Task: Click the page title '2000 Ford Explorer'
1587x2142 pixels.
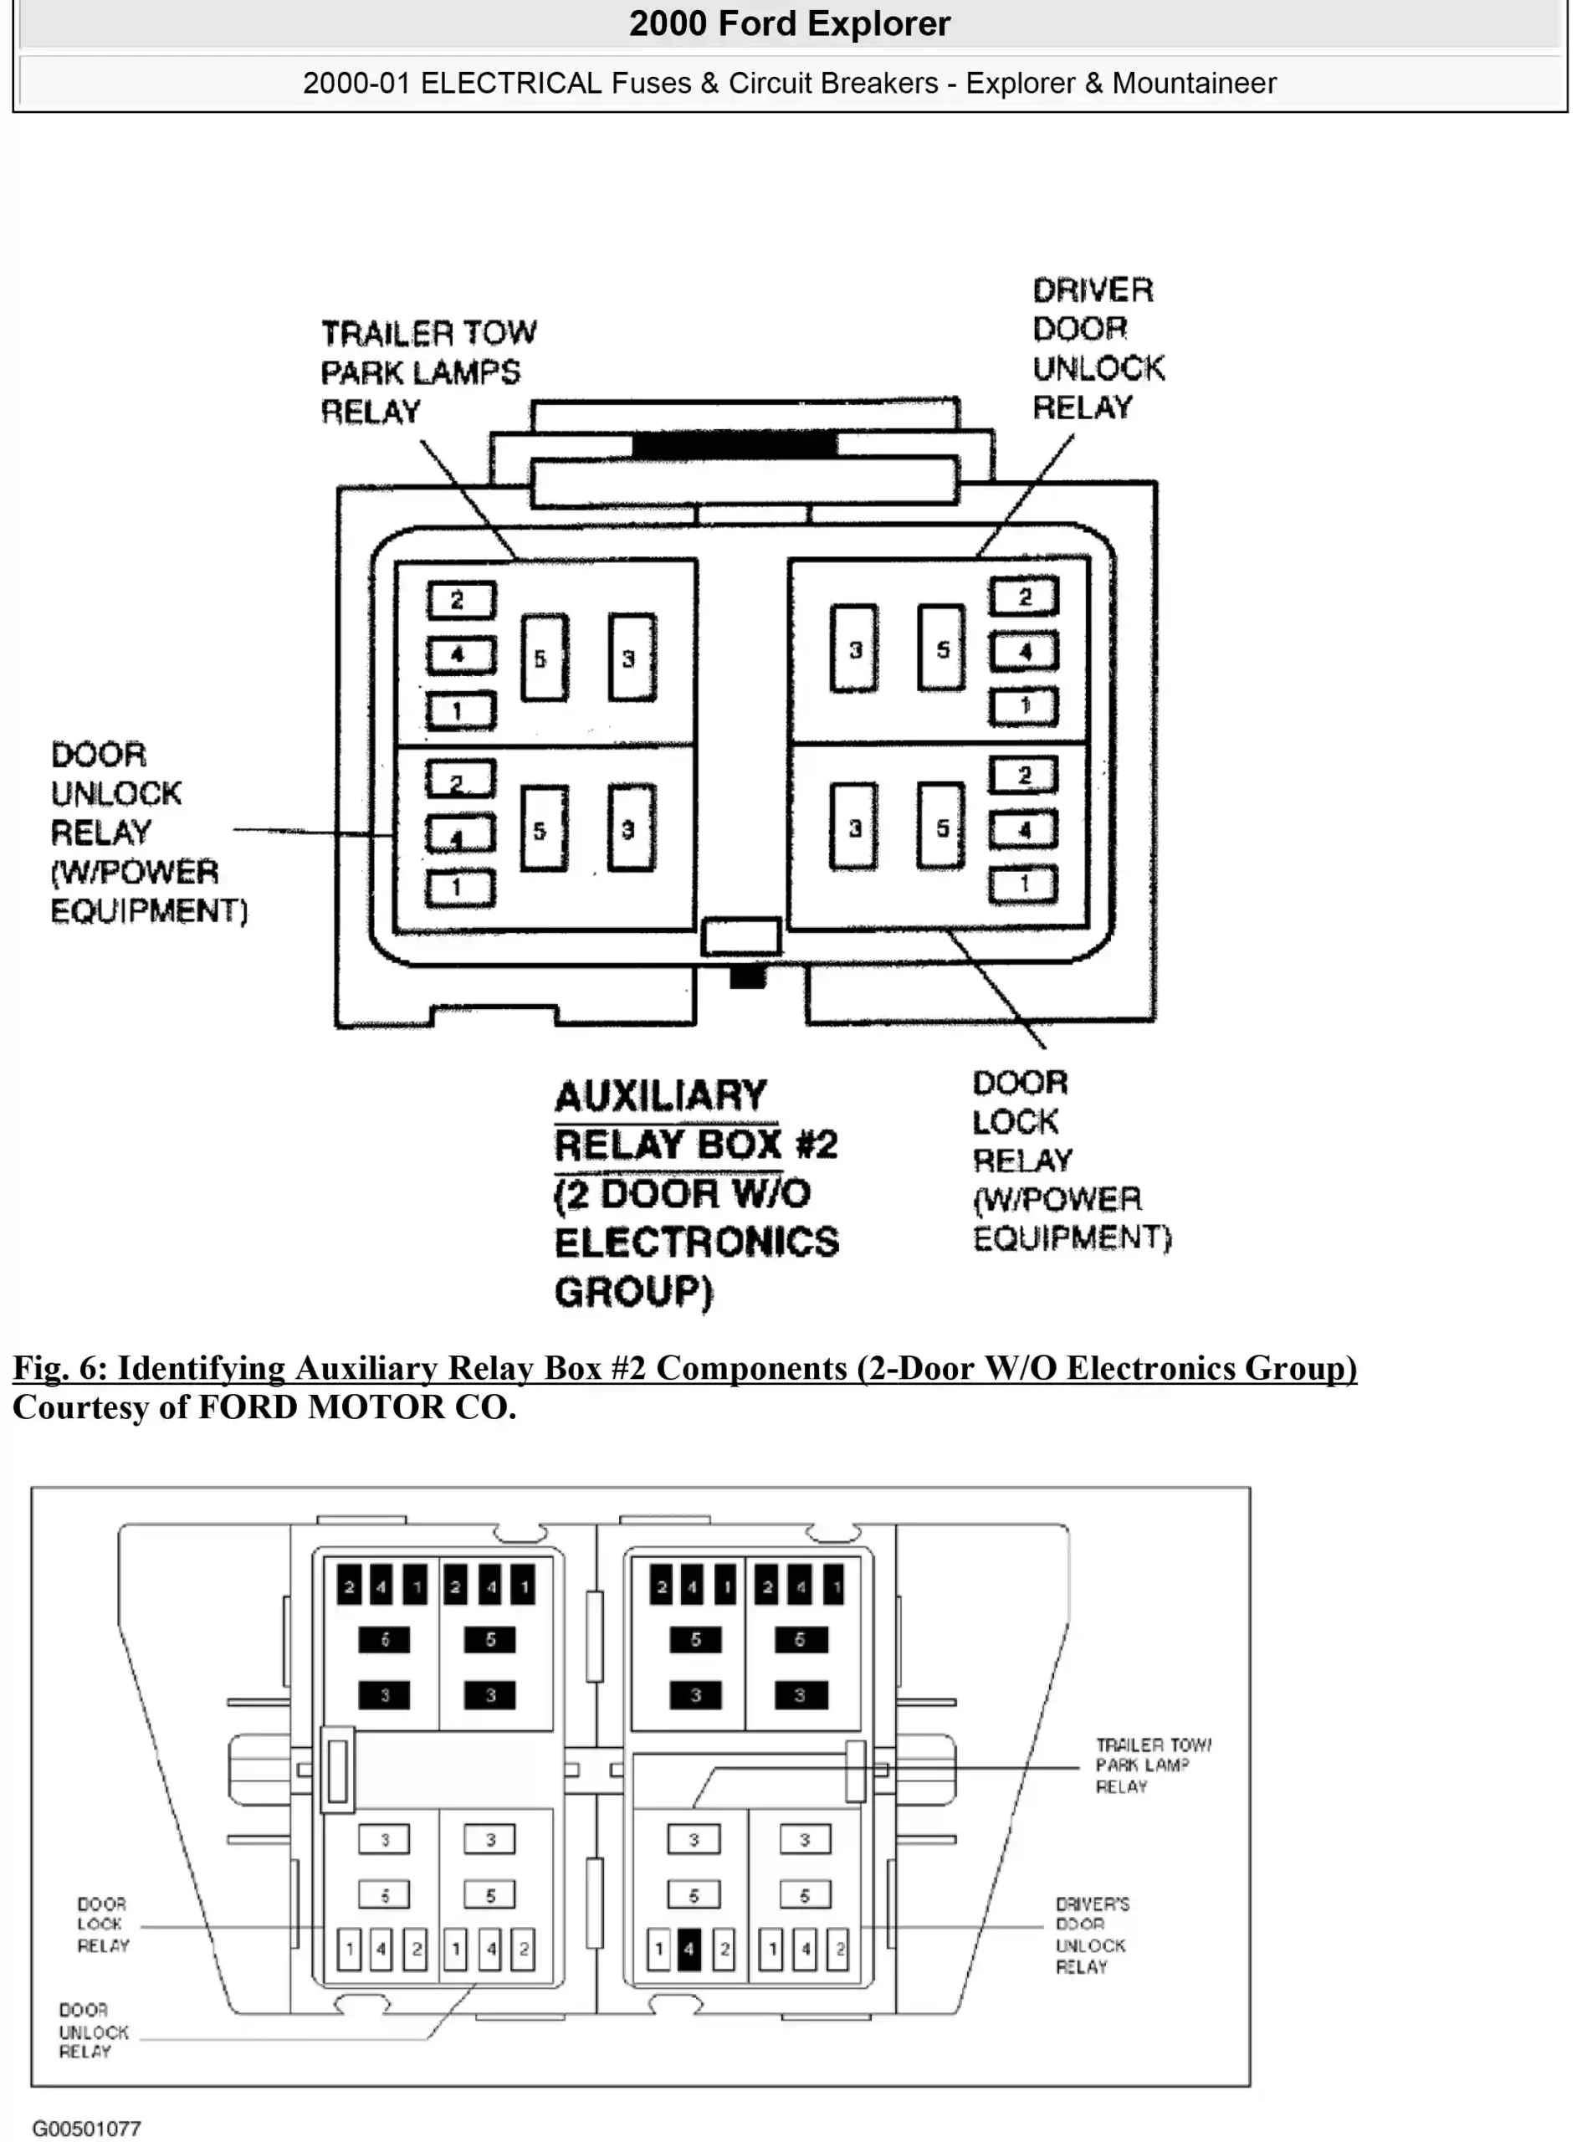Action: click(x=789, y=23)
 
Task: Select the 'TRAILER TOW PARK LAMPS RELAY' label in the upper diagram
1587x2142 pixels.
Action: click(x=427, y=372)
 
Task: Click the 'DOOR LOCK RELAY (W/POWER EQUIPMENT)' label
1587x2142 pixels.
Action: click(x=1070, y=1161)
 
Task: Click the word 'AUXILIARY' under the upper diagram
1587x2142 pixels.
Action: click(x=661, y=1096)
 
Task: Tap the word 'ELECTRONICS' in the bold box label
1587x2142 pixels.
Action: click(x=697, y=1242)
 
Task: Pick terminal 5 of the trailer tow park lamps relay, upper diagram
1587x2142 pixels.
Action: click(x=544, y=658)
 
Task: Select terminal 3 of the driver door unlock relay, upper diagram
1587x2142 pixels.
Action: click(x=854, y=650)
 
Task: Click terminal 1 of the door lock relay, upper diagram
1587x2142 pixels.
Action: click(x=1023, y=884)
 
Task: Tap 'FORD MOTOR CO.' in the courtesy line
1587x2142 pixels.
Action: click(x=356, y=1407)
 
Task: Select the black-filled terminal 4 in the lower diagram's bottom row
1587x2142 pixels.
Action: click(x=689, y=1949)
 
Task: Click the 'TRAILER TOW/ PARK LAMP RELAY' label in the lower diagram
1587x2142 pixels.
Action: click(x=1152, y=1765)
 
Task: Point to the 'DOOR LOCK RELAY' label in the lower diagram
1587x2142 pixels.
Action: click(x=103, y=1924)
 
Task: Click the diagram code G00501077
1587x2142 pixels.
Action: click(x=86, y=2129)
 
